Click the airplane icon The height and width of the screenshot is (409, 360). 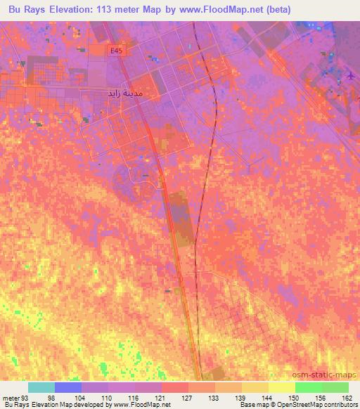point(352,75)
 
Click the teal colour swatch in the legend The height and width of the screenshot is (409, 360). point(41,387)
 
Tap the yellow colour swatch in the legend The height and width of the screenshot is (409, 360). point(281,387)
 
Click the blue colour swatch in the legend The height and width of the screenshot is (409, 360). point(68,387)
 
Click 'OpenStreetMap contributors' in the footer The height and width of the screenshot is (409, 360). point(320,405)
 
